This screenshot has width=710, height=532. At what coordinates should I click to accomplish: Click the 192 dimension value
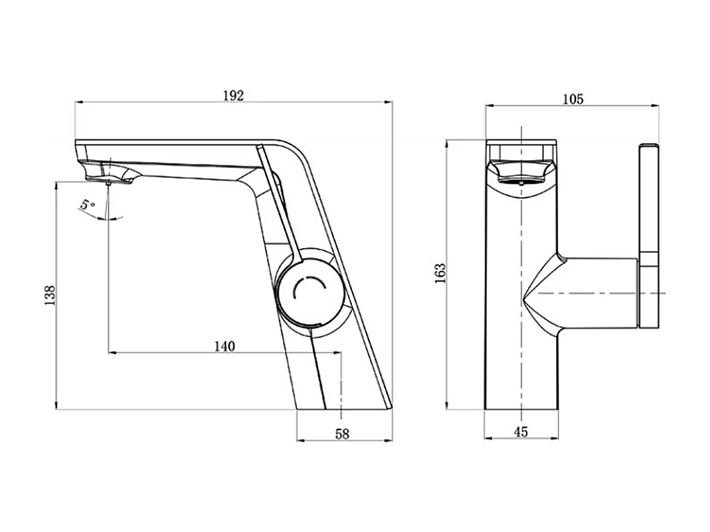[x=233, y=95]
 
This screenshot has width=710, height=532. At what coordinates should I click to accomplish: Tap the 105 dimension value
[x=572, y=99]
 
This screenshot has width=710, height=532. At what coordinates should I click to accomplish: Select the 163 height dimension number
[x=440, y=274]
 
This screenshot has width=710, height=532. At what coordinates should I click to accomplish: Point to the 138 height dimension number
[x=49, y=295]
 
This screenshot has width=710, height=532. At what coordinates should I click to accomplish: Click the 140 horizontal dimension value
[x=225, y=346]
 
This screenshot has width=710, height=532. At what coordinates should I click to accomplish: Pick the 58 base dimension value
[x=342, y=434]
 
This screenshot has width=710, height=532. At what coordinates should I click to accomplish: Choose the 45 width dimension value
[x=520, y=432]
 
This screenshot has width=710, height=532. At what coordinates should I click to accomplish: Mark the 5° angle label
[x=88, y=205]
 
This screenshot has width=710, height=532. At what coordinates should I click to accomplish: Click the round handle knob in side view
[x=309, y=290]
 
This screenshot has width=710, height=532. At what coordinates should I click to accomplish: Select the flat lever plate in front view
[x=649, y=236]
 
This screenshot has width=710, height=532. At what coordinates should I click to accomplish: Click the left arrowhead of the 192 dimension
[x=78, y=102]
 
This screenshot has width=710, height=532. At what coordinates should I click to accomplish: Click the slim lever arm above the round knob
[x=277, y=201]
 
